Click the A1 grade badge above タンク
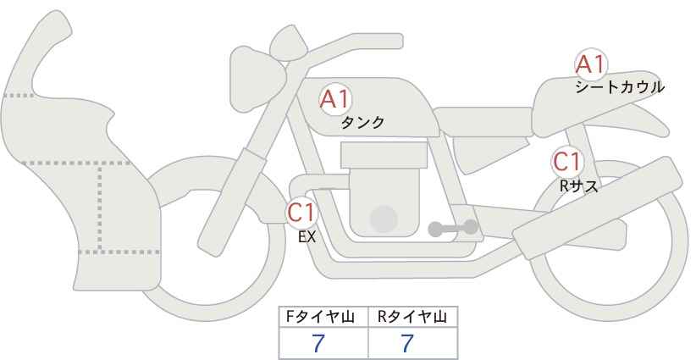tap(334, 99)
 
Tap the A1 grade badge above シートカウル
tap(590, 64)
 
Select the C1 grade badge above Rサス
tap(566, 162)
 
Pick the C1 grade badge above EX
tap(301, 212)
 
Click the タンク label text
tap(362, 123)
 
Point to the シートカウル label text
tap(619, 87)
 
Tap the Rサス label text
tap(578, 186)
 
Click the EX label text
tap(307, 238)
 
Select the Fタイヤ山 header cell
tap(323, 317)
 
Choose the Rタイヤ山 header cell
tap(412, 317)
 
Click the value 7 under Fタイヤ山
tap(318, 344)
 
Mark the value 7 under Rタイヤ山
tap(407, 344)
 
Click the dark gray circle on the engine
tap(384, 219)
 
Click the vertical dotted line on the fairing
tap(101, 208)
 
